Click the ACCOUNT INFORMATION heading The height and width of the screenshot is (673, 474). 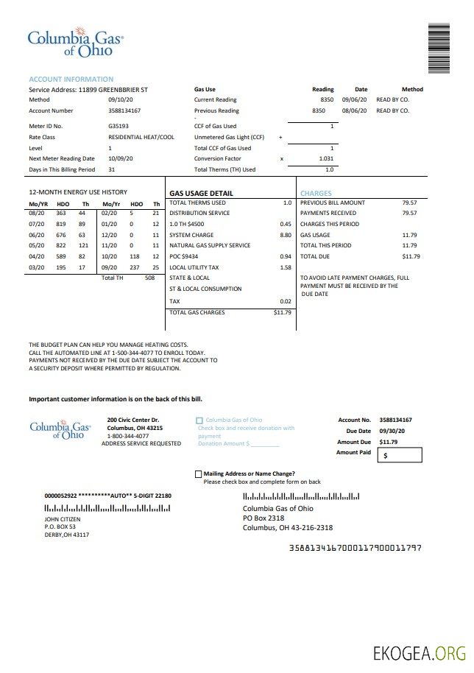[71, 79]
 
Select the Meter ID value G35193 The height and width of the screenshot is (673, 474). [118, 126]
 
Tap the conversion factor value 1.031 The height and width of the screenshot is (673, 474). [326, 158]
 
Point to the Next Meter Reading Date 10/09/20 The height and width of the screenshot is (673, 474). [121, 158]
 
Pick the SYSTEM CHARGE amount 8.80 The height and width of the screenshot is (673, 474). [286, 235]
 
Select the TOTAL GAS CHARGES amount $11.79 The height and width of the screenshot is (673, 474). [282, 312]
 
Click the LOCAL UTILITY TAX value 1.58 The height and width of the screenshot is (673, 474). [286, 267]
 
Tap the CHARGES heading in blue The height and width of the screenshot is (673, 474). [316, 194]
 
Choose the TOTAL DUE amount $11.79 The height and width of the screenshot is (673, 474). [411, 256]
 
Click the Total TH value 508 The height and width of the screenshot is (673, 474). [149, 278]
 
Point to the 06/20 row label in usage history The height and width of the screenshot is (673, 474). [37, 235]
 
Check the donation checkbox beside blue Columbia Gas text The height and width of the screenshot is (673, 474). [199, 420]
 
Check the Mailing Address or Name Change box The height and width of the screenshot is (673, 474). [198, 473]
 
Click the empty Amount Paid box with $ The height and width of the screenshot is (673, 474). [400, 456]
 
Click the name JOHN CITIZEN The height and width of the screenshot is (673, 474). [63, 519]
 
